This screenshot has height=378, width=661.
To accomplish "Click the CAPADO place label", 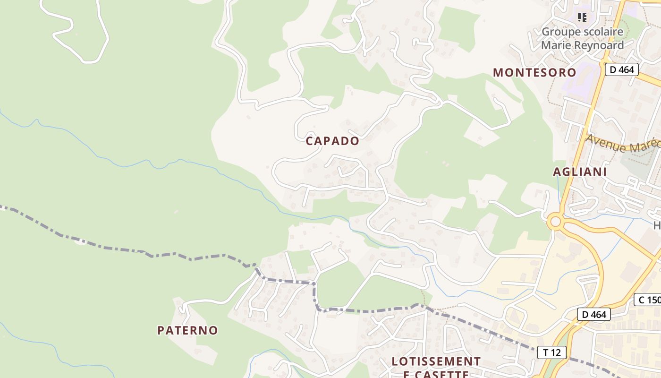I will (x=332, y=141).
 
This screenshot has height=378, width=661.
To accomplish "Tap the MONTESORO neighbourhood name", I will (x=534, y=72).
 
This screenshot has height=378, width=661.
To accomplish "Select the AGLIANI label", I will (x=580, y=172).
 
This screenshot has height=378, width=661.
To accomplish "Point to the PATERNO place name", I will (x=187, y=330).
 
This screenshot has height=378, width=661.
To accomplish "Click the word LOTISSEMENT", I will (x=436, y=361).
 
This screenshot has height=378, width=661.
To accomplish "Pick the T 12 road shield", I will (x=551, y=352).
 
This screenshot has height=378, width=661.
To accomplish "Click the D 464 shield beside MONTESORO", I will (x=621, y=70).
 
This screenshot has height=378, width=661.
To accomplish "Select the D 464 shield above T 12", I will (x=593, y=314).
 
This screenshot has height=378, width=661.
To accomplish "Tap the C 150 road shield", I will (x=649, y=300).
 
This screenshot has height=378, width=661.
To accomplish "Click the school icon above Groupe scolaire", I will (x=583, y=17).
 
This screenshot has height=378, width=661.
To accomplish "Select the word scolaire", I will (x=603, y=32).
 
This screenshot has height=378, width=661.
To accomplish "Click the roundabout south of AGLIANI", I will (x=556, y=221).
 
